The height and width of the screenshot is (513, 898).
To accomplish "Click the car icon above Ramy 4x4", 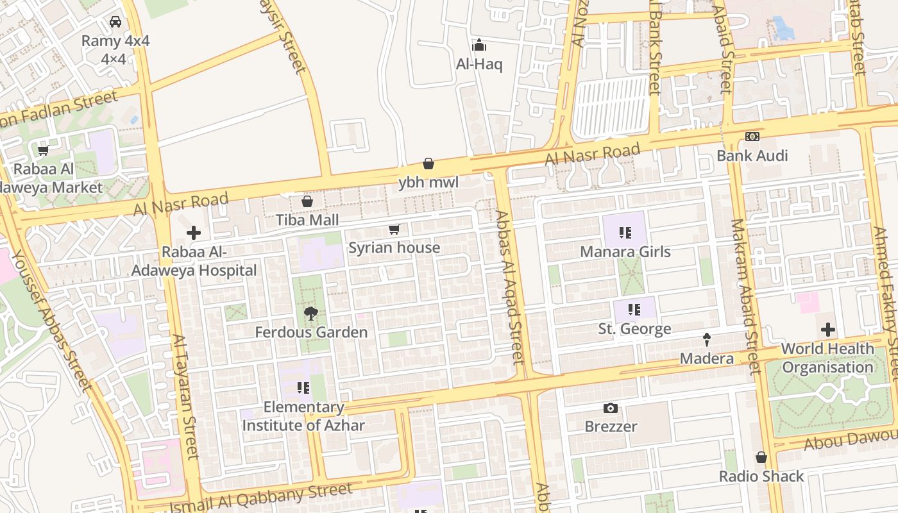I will click(115, 22).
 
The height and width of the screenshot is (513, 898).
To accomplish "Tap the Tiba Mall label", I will click(307, 220).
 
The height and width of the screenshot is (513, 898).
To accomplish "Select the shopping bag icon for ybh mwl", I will click(428, 164).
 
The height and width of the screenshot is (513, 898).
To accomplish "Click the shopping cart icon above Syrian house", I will click(394, 230).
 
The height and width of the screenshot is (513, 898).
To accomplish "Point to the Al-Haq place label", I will click(479, 64).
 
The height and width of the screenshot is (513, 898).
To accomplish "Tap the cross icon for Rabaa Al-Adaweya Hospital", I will click(194, 233).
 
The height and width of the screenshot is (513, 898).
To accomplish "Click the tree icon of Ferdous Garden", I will click(311, 314).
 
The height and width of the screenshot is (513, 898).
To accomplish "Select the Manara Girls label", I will click(625, 251).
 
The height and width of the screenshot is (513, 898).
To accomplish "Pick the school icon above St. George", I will click(634, 310).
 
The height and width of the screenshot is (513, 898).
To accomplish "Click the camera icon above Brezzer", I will click(611, 408).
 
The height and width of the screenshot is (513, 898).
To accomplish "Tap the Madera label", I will click(707, 358).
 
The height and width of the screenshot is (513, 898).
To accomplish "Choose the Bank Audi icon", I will click(752, 137).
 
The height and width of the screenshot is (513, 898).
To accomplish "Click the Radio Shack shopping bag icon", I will click(761, 458).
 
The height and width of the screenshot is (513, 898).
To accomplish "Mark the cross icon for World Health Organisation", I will click(828, 330).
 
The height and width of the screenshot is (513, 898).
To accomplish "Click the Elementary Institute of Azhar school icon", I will click(303, 388).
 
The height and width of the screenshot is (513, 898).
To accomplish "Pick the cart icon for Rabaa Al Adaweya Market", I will click(43, 151).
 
